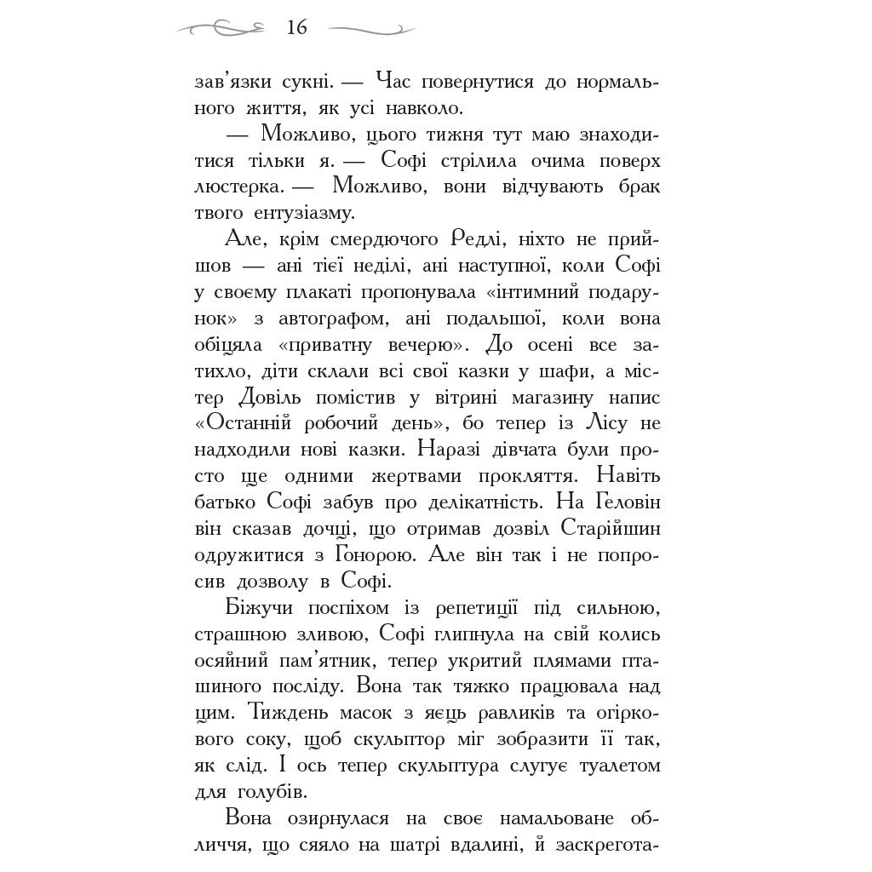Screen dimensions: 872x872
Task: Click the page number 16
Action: tap(296, 28)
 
